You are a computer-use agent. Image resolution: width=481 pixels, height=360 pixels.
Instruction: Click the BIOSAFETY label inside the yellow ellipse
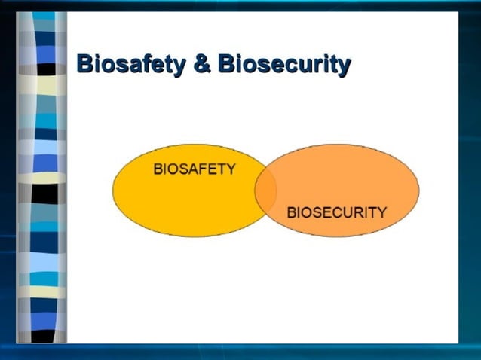click(194, 169)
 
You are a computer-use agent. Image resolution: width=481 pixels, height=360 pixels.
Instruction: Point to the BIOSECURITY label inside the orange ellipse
click(336, 212)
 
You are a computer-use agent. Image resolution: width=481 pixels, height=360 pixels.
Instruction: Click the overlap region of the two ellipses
click(265, 191)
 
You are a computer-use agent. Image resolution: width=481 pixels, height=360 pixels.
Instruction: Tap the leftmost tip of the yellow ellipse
click(114, 191)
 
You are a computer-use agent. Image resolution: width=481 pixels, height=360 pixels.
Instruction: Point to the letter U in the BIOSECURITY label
click(345, 212)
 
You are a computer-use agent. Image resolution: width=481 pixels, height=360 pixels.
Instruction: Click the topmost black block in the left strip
click(47, 69)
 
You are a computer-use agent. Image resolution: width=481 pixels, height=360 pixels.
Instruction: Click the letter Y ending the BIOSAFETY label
click(230, 169)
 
